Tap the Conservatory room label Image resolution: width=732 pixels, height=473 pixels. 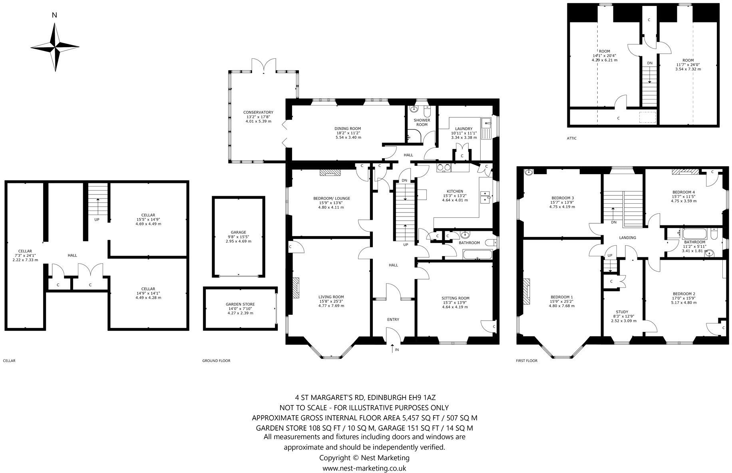pyautogui.click(x=258, y=113)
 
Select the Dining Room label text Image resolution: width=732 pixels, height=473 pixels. pyautogui.click(x=348, y=129)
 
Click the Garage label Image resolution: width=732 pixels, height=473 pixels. pyautogui.click(x=238, y=233)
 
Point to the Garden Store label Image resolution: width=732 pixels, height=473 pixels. pyautogui.click(x=240, y=304)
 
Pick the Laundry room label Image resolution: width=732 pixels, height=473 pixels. pyautogui.click(x=461, y=129)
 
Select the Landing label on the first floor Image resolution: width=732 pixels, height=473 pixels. pyautogui.click(x=627, y=238)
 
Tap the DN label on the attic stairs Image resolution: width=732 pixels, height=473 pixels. pyautogui.click(x=650, y=63)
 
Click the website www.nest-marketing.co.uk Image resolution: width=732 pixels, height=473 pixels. pyautogui.click(x=364, y=468)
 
